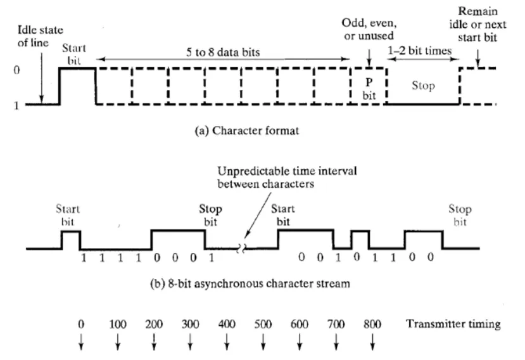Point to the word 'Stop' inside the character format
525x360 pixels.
pyautogui.click(x=422, y=86)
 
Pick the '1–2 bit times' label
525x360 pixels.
pyautogui.click(x=422, y=50)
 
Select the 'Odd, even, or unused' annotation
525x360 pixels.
pyautogui.click(x=369, y=29)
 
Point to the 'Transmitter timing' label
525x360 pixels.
pyautogui.click(x=453, y=324)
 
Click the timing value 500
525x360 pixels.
pyautogui.click(x=263, y=324)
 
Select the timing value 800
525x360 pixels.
pyautogui.click(x=372, y=324)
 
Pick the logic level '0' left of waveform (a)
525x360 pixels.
pyautogui.click(x=16, y=68)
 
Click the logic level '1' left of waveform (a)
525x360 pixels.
pyautogui.click(x=16, y=105)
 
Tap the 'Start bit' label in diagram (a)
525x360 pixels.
pyautogui.click(x=75, y=53)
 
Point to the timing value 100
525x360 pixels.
pyautogui.click(x=118, y=324)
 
